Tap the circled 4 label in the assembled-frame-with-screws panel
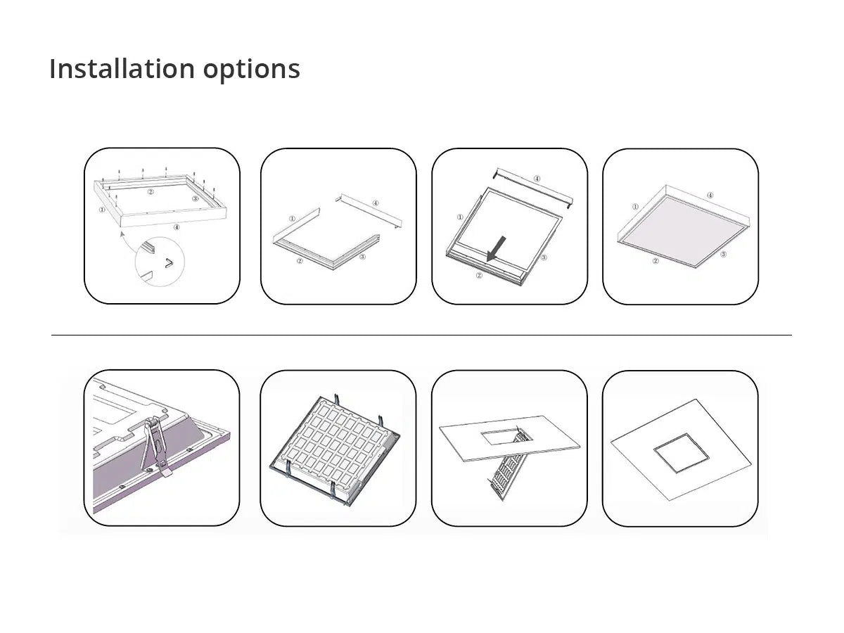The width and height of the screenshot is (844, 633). [x=176, y=227]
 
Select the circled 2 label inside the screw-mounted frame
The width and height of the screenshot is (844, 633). [x=150, y=191]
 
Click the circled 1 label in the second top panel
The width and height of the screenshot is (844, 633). [x=292, y=219]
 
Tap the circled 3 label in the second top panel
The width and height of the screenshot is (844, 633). [x=362, y=257]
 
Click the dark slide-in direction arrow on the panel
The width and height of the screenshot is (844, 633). [x=497, y=247]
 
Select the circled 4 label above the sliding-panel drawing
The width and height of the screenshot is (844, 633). [x=537, y=179]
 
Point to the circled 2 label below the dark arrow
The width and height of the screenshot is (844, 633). [x=479, y=275]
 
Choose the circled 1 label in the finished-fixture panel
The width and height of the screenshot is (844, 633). [x=635, y=207]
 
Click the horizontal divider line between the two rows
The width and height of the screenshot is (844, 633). [x=421, y=335]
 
